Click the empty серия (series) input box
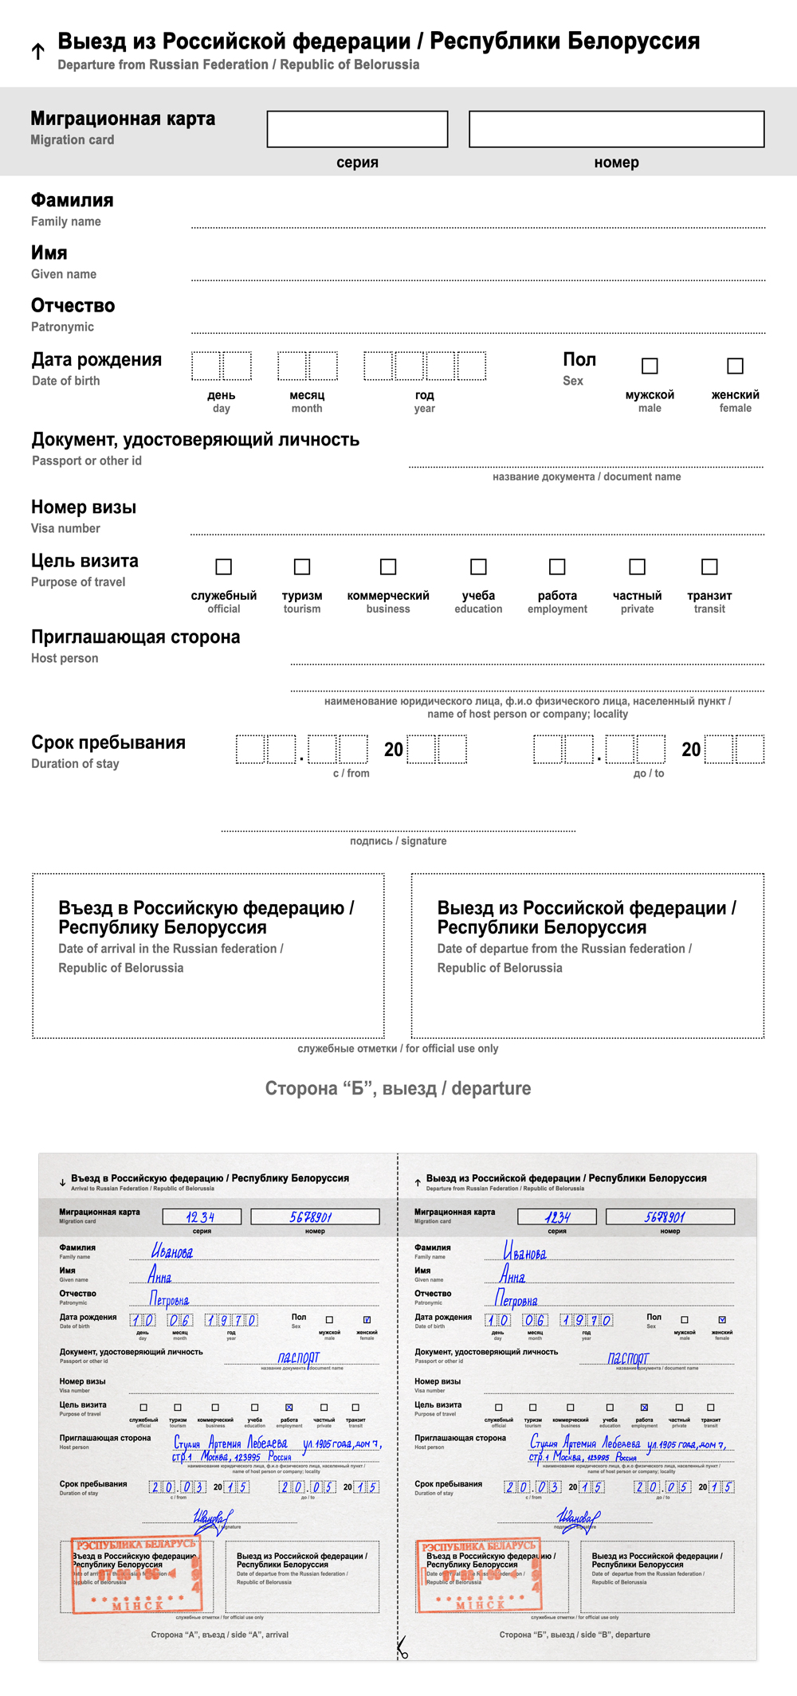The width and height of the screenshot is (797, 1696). pos(357,129)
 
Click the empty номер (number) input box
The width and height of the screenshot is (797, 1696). pos(616,129)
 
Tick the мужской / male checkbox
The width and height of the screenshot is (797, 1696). pos(650,366)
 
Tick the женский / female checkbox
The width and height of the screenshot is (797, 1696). pos(735,366)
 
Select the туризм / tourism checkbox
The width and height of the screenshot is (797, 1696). pos(302,566)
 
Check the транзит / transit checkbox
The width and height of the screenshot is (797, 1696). pos(709,566)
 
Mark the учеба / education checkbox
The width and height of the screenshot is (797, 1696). pos(478,566)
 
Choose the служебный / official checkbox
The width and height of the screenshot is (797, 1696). pos(224,566)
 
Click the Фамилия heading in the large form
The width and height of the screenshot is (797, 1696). pos(73,201)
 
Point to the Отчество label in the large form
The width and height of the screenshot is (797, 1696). pos(73,306)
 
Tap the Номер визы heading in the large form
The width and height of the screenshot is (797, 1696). pos(84,507)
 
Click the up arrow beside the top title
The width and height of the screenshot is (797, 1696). pos(37,52)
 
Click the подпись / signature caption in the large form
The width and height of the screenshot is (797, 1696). pos(398,841)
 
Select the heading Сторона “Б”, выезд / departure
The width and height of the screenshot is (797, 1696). pos(398,1089)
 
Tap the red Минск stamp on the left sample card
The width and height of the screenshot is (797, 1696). pos(135,1576)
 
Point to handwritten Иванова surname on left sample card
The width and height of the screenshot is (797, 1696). pos(172,1251)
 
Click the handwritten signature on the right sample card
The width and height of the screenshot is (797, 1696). pos(577,1519)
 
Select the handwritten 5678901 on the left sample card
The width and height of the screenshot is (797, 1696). pos(311,1217)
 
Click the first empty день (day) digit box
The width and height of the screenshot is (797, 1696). pos(206,366)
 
